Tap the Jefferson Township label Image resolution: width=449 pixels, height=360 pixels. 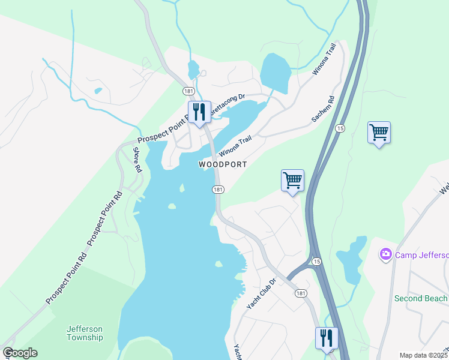pos(84,333)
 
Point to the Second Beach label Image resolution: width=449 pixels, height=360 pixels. pos(421,298)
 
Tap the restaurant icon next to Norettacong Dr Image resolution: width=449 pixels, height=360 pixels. pos(199,112)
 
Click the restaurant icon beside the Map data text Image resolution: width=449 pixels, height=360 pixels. pos(327,338)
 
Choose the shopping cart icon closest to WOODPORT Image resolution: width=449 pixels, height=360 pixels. pos(292,180)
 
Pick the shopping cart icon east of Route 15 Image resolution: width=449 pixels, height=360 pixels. pos(379,132)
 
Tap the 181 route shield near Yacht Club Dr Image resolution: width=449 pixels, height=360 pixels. pos(301,293)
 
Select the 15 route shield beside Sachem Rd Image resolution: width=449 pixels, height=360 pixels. pos(340,128)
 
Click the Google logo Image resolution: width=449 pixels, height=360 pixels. pos(20,353)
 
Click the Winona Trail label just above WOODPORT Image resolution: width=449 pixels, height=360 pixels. pos(235,146)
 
